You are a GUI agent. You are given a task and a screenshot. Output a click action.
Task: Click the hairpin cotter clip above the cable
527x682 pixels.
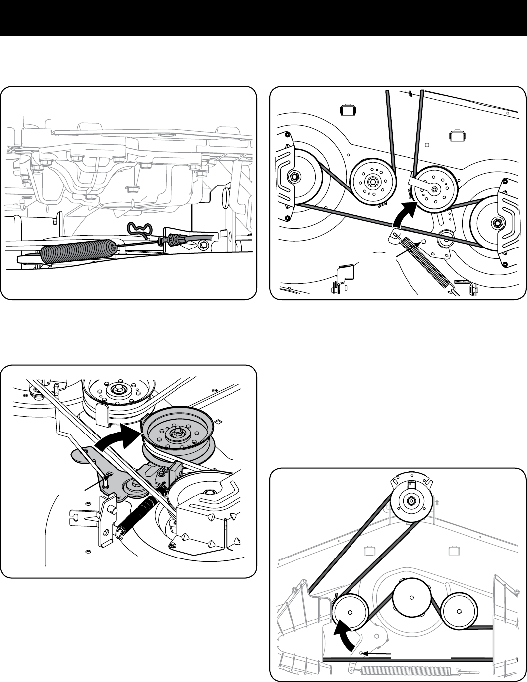[141, 230]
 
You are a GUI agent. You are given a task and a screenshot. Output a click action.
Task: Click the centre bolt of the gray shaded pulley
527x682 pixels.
[176, 433]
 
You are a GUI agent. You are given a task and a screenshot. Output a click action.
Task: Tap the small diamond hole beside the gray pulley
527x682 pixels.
[217, 422]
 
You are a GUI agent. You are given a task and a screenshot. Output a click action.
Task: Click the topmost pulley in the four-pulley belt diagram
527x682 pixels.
[411, 502]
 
